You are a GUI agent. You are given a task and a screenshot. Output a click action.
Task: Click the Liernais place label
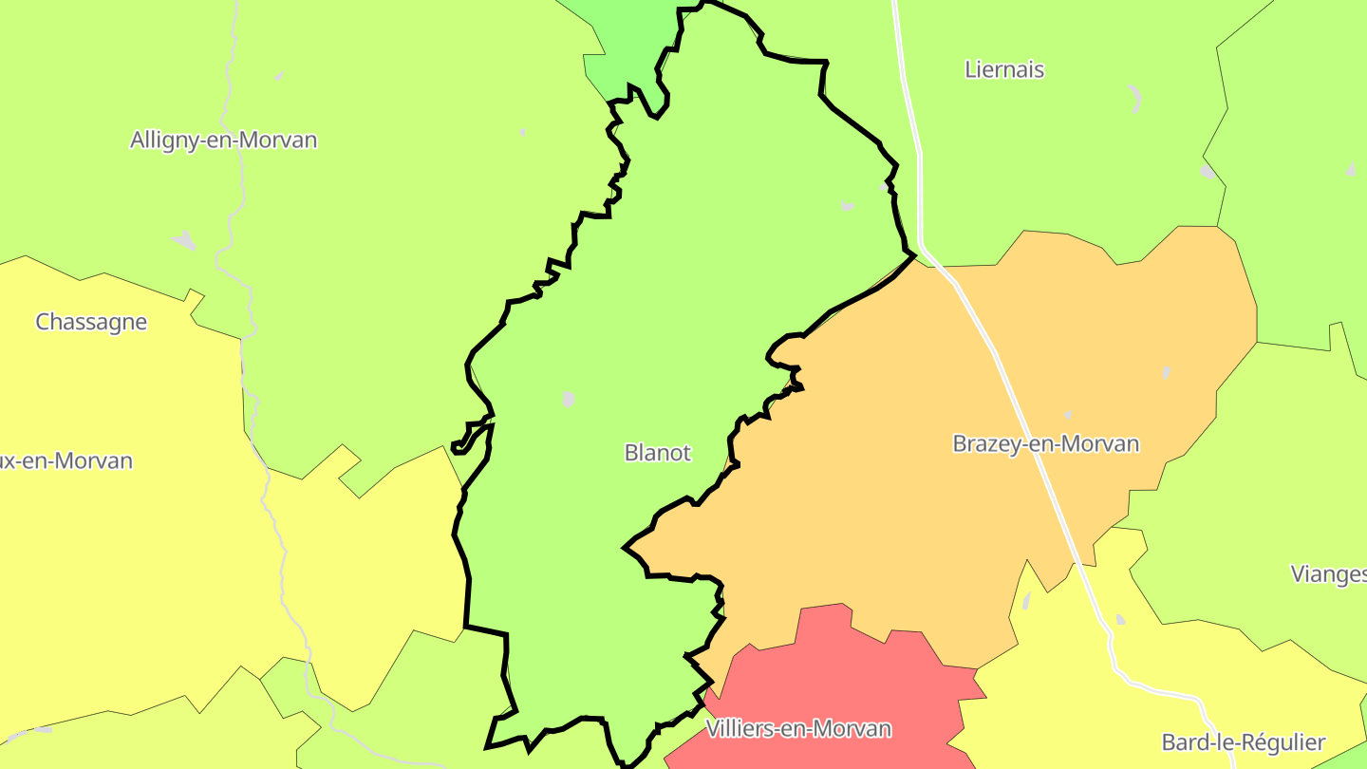[1004, 69]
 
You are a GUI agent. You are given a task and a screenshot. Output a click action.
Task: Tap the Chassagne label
[91, 322]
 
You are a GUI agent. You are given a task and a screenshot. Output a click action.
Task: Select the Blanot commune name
[657, 453]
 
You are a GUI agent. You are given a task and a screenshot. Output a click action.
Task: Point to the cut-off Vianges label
[1329, 573]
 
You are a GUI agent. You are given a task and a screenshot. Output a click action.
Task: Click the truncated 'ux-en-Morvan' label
[66, 461]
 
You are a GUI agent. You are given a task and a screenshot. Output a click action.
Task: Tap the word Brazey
[983, 443]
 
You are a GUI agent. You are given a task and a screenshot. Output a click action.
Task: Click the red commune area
[835, 674]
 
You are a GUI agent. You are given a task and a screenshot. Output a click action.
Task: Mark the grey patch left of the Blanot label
[569, 399]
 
